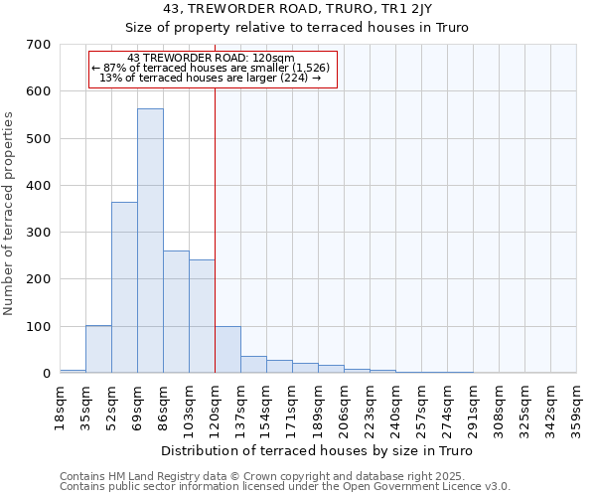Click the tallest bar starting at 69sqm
(x=150, y=241)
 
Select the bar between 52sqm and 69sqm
(x=124, y=287)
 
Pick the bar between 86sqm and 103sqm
(x=176, y=312)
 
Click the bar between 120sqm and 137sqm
(x=227, y=350)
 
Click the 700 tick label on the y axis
(x=39, y=45)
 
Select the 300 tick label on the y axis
(x=39, y=233)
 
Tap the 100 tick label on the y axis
(x=39, y=327)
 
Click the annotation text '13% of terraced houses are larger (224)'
(x=211, y=78)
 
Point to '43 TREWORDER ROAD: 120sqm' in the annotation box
(x=211, y=58)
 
